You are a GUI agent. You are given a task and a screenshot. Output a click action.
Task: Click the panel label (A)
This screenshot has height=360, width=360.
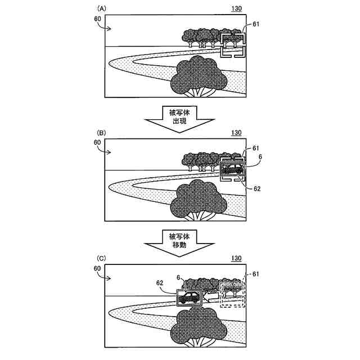pos(102,9)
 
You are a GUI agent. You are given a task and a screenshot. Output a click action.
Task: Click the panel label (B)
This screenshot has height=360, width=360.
pos(102,133)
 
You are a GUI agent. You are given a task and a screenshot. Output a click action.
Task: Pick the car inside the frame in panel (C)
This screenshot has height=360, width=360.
pos(190,296)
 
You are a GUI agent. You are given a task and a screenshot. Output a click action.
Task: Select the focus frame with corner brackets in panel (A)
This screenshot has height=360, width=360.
pos(233,45)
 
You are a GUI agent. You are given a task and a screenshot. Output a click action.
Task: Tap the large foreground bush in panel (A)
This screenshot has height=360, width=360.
pos(200,76)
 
